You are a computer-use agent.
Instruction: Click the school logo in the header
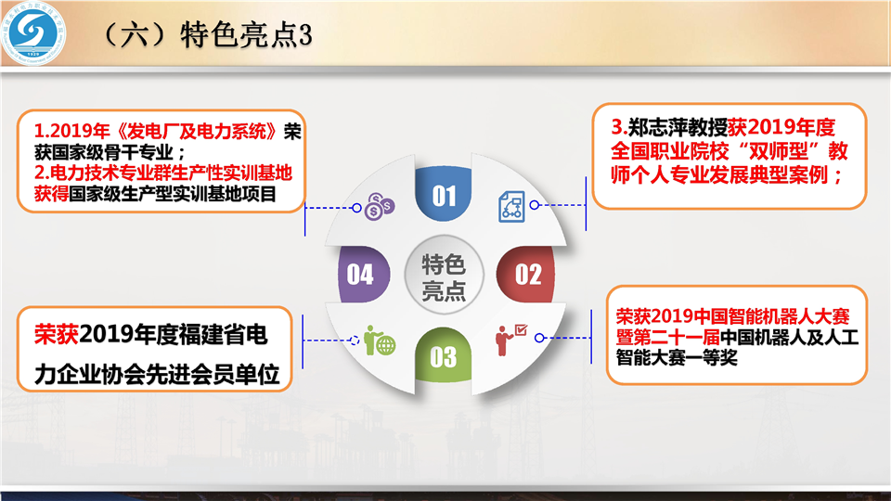point(33,33)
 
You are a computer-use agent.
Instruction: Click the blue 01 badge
point(444,193)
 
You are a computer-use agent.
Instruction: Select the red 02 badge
point(526,275)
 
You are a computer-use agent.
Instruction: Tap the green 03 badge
point(444,354)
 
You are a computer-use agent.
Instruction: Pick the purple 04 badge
point(363,275)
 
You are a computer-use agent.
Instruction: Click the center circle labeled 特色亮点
point(444,275)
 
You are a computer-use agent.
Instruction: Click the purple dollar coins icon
point(380,206)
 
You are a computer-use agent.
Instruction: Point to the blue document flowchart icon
point(511,206)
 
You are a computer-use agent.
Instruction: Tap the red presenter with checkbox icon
point(510,340)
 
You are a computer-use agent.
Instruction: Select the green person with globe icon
point(380,340)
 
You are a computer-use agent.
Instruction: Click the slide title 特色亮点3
point(246,34)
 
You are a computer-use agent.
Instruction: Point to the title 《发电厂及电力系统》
point(197,131)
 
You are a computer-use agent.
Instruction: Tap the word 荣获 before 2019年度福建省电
point(57,335)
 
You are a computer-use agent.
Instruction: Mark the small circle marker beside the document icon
point(535,204)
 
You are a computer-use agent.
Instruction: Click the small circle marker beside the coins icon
point(356,208)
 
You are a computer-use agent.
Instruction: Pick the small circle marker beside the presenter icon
point(539,338)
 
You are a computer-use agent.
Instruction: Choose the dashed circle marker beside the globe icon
point(355,340)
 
